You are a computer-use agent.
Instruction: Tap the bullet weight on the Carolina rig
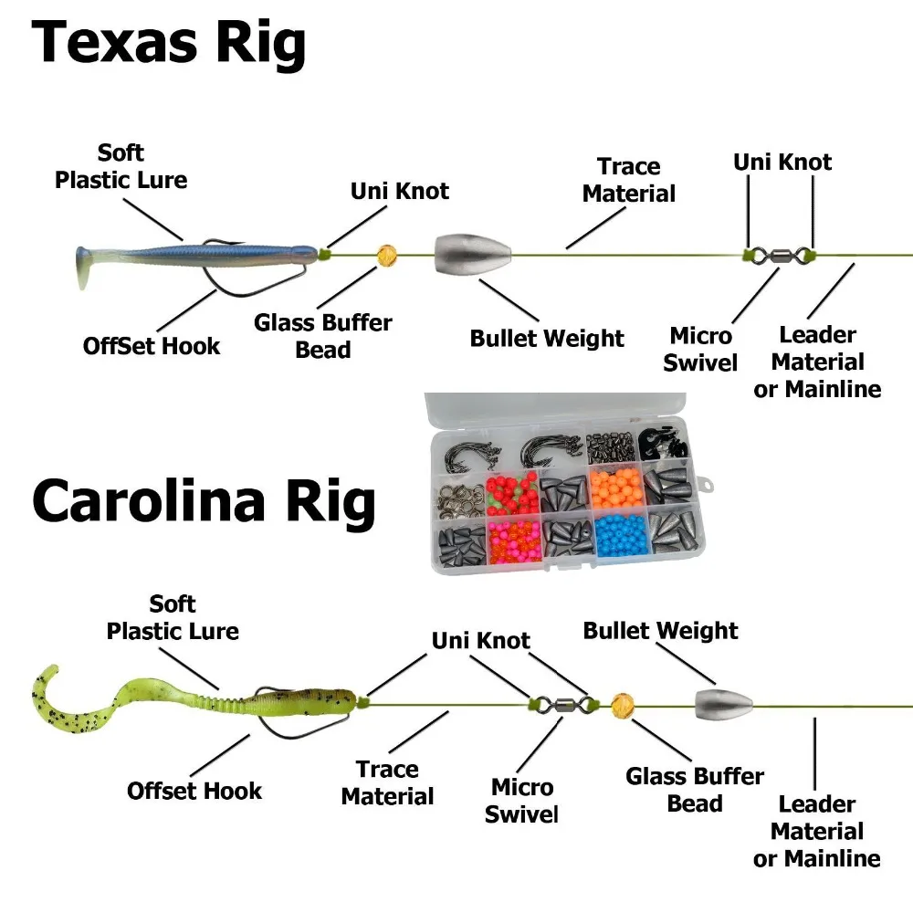tap(724, 704)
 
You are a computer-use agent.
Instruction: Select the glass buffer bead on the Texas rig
tap(388, 256)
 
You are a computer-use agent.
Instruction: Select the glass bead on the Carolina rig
tap(623, 705)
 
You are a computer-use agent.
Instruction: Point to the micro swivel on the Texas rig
tap(781, 255)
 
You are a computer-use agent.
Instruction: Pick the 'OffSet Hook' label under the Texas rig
tap(152, 346)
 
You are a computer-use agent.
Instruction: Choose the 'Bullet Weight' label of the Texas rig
tap(547, 339)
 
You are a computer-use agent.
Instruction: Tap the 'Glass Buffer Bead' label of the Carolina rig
tap(695, 790)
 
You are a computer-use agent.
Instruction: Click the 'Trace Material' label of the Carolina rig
tap(387, 783)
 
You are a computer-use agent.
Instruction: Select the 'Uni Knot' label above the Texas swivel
tap(782, 163)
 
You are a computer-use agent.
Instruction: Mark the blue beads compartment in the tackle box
tap(621, 535)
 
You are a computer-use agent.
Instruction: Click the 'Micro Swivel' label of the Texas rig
tap(700, 349)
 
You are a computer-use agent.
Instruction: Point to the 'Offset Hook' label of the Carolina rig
tap(194, 791)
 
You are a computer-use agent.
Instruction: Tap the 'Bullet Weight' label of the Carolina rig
tap(660, 631)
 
